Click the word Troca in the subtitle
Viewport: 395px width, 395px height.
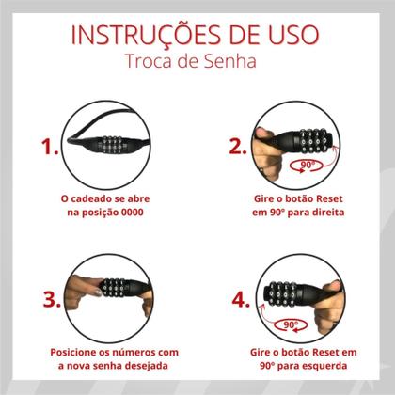tap(150, 62)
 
